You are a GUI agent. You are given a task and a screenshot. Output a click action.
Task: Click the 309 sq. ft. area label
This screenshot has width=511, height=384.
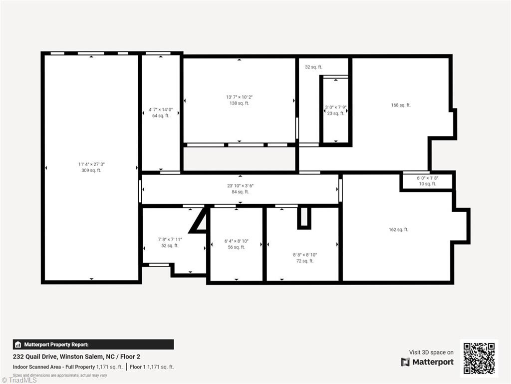(91, 170)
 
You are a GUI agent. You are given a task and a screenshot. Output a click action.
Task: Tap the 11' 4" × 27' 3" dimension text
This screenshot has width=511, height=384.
(91, 164)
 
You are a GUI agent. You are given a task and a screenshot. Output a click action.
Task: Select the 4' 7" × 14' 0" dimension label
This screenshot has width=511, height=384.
(161, 109)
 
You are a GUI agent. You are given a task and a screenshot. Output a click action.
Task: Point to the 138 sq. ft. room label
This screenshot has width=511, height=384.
(240, 103)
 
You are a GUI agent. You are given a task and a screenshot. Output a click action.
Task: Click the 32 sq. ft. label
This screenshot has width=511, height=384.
(313, 67)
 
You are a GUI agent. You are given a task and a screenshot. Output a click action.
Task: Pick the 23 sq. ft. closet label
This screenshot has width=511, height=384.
(335, 113)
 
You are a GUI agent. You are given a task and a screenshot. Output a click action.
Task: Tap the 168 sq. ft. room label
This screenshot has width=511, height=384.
(401, 105)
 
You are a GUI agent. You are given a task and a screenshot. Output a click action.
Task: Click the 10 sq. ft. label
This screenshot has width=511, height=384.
(427, 184)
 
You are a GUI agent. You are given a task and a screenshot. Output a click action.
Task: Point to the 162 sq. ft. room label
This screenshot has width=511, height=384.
(398, 229)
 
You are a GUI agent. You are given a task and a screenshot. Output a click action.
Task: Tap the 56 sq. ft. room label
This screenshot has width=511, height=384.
(236, 247)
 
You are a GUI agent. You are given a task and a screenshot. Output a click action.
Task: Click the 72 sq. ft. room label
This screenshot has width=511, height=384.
(304, 260)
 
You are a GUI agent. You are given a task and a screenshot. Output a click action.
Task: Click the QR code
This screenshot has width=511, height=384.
(479, 358)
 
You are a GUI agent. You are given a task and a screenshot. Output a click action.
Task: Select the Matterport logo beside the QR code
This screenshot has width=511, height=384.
(427, 362)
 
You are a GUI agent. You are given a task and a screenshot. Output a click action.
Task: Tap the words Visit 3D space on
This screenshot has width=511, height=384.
(431, 352)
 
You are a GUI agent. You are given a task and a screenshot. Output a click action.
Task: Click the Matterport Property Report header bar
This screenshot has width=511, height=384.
(93, 344)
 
